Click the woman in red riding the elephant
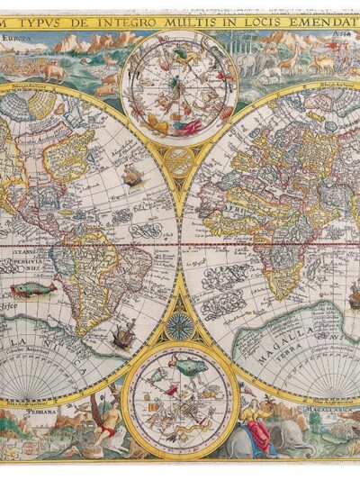point(258,429)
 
